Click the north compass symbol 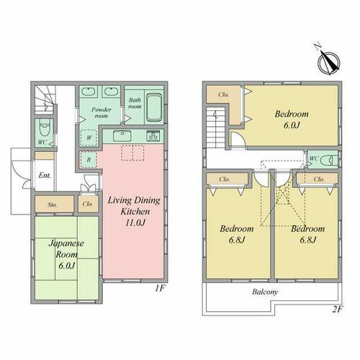click(328, 62)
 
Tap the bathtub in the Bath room click(154, 107)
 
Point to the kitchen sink click(122, 135)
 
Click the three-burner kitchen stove click(153, 136)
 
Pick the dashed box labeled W click(89, 138)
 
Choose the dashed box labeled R click(89, 160)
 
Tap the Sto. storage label click(53, 204)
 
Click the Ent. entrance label click(45, 175)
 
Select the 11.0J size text click(135, 223)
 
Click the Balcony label click(265, 292)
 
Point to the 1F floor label click(160, 288)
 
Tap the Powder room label click(102, 112)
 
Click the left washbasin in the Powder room click(89, 91)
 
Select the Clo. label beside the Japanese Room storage click(88, 204)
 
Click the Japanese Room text click(66, 248)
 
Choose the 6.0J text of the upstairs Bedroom click(292, 125)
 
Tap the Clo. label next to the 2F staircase click(224, 94)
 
